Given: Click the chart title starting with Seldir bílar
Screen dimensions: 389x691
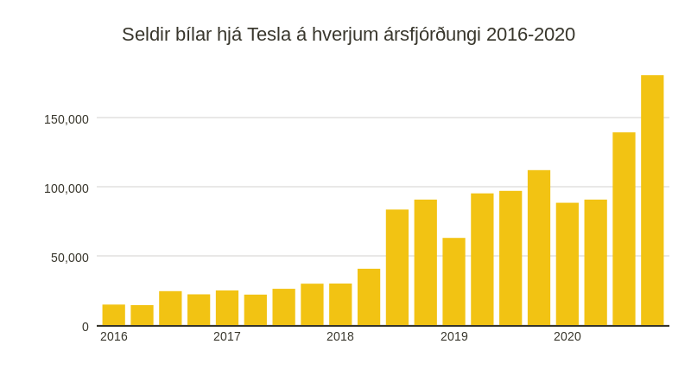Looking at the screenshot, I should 348,35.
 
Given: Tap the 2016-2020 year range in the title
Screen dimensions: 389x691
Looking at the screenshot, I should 530,35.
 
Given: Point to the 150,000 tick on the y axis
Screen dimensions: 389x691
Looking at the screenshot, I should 67,119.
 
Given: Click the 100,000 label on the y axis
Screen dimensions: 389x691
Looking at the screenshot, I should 67,188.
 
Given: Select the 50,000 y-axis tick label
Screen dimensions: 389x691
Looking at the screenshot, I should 70,258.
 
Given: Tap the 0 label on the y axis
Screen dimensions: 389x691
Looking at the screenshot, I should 86,327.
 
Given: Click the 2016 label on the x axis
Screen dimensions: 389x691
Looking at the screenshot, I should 114,336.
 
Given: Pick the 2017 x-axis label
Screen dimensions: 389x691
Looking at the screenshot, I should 227,336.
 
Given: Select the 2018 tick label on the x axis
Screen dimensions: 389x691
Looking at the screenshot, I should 340,336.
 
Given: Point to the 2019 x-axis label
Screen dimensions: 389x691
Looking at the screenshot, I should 454,336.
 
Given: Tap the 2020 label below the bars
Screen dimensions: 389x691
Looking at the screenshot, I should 567,336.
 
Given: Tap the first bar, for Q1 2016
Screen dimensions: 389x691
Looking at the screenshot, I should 114,316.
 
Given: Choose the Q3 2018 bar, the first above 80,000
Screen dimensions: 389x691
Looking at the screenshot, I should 397,268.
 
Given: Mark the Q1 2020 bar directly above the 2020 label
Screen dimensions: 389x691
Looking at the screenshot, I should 567,265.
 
